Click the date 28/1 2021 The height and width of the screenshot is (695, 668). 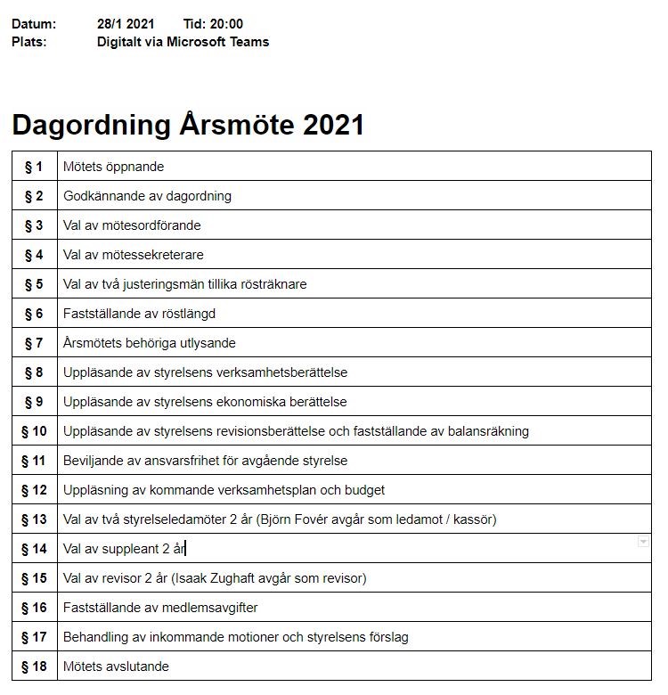pos(126,24)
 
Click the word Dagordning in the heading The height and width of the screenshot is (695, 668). pos(91,125)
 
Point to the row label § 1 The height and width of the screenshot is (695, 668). pos(34,167)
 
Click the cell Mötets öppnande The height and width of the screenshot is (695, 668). pos(114,167)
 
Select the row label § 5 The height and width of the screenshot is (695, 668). pos(34,284)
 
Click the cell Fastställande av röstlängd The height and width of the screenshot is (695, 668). pos(139,314)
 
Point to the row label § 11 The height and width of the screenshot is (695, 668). pos(34,461)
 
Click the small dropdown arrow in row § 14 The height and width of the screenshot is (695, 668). pos(643,542)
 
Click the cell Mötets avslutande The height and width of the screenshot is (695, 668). pos(116,666)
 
